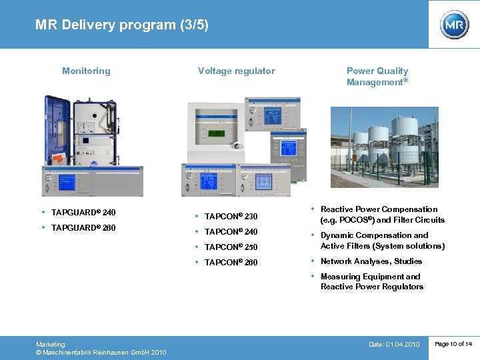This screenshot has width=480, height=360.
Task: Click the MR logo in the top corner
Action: click(x=454, y=25)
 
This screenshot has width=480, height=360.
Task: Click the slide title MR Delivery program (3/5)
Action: click(x=122, y=25)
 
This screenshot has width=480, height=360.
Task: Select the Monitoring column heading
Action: click(x=86, y=71)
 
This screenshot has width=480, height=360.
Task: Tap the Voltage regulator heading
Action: click(x=236, y=71)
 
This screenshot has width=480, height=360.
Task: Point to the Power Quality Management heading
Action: click(x=377, y=77)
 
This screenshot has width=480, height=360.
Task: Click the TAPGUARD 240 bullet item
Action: click(x=83, y=213)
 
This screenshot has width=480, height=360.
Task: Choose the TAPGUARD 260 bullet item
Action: click(x=83, y=228)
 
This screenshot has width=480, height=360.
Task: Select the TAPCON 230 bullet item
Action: click(x=231, y=217)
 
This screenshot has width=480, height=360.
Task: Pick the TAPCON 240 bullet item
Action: click(x=231, y=232)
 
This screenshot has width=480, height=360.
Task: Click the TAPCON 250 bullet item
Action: click(x=231, y=247)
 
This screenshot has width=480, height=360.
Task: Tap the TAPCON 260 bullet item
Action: click(x=231, y=263)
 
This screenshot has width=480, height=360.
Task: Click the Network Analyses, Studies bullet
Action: click(x=371, y=261)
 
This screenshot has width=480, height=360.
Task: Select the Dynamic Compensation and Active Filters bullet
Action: click(x=382, y=241)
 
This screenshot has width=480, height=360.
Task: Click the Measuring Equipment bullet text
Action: click(x=371, y=281)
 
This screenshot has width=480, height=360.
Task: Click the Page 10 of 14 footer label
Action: click(x=453, y=344)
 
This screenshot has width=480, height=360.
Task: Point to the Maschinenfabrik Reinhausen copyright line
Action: click(x=101, y=352)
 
